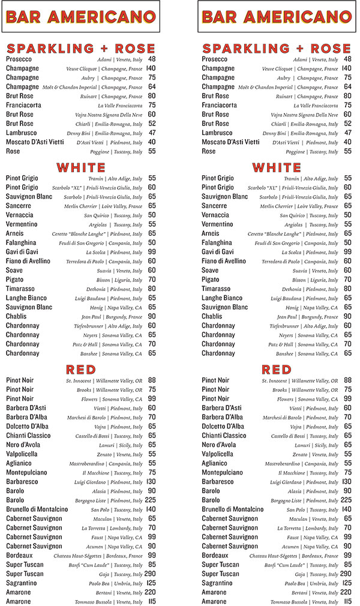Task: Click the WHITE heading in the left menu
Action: point(81,167)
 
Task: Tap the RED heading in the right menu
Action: point(277,368)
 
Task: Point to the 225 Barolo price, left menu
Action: point(150,500)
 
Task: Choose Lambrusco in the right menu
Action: point(218,133)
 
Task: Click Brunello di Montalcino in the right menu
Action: point(232,509)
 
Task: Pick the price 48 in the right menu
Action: point(348,59)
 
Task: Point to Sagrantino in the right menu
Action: point(220,583)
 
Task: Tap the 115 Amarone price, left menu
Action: point(151,602)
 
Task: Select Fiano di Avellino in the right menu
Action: point(224,261)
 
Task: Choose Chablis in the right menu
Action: point(212,316)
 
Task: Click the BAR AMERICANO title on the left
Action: point(81,17)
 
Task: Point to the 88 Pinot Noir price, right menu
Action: point(347,380)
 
